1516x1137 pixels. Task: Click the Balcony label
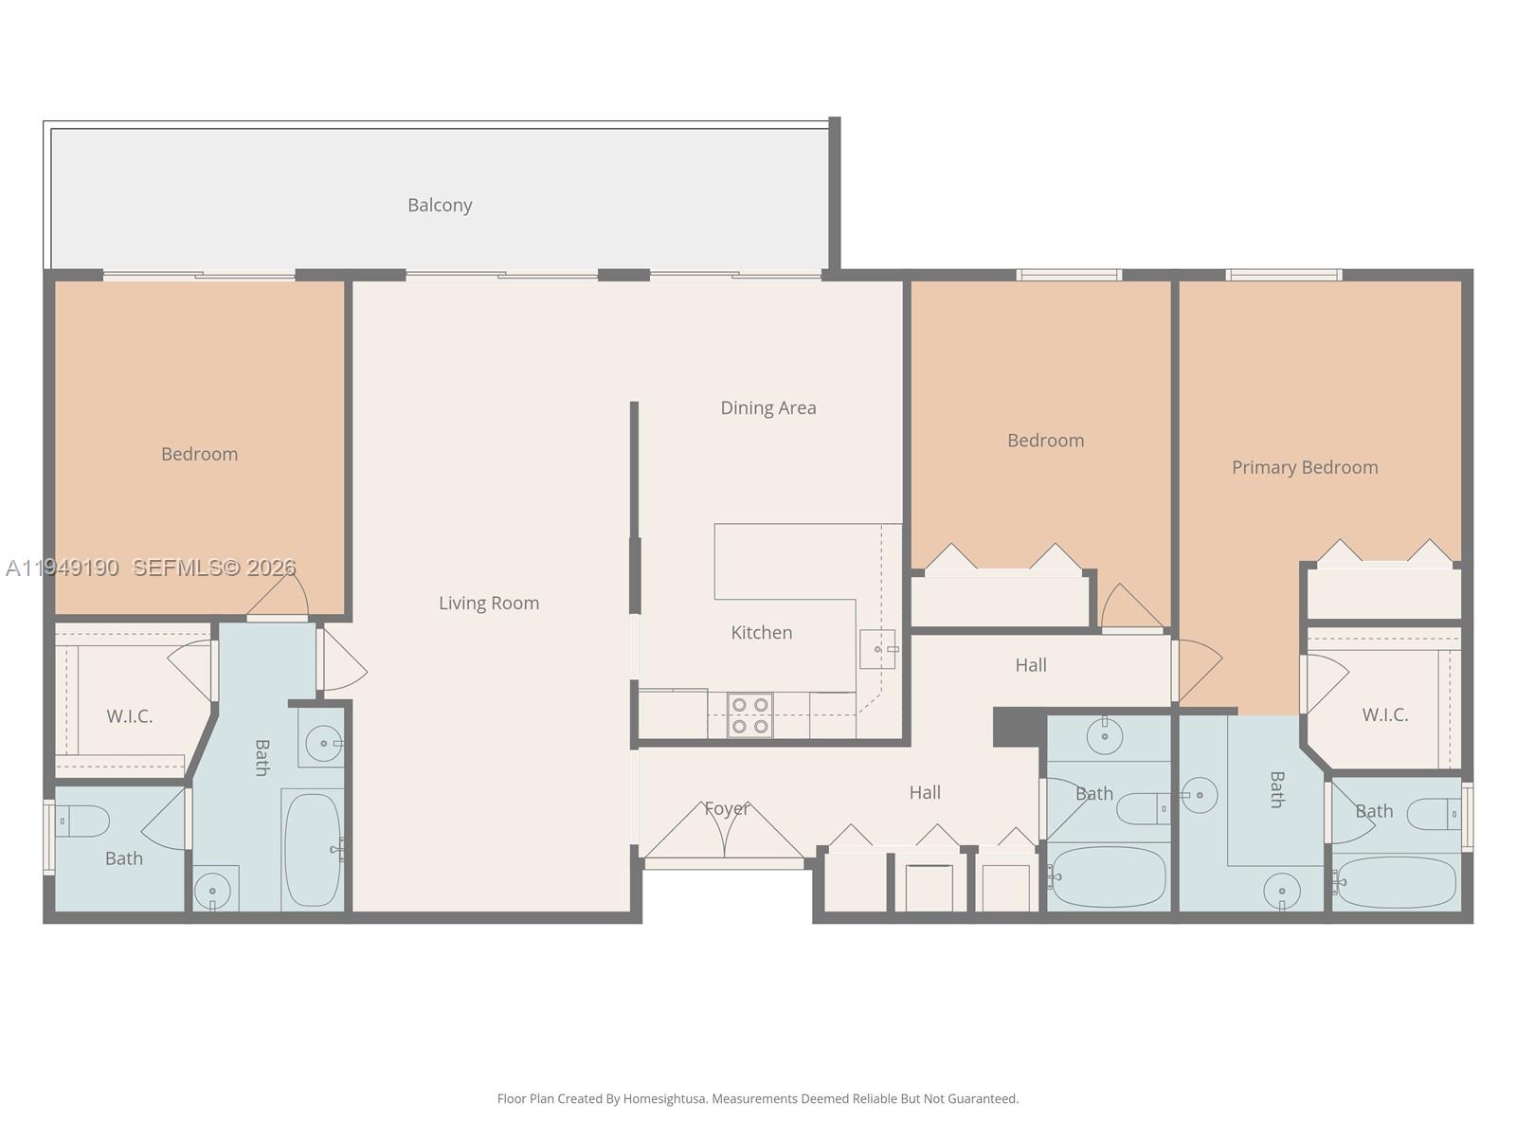click(x=440, y=205)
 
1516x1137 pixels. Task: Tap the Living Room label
click(x=489, y=603)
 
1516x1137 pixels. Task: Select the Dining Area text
click(x=767, y=407)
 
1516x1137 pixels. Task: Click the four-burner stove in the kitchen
click(x=749, y=715)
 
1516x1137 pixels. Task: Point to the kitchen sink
click(x=877, y=649)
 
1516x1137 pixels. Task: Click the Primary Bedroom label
click(x=1305, y=467)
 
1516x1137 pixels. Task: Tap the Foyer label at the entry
click(x=727, y=808)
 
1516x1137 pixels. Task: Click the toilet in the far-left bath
click(x=83, y=821)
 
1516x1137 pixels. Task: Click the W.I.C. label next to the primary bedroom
click(x=1384, y=715)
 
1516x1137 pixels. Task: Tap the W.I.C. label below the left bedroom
click(x=129, y=716)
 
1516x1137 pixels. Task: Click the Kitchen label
click(x=761, y=632)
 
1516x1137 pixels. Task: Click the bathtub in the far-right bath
click(x=1397, y=882)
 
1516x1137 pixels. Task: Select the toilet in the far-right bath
click(x=1433, y=813)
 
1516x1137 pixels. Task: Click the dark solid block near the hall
click(x=1019, y=727)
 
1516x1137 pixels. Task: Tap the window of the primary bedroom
click(x=1283, y=275)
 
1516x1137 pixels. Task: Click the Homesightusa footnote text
click(x=758, y=1099)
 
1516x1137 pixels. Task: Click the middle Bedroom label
click(x=1045, y=441)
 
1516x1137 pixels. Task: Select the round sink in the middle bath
click(x=1105, y=736)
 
